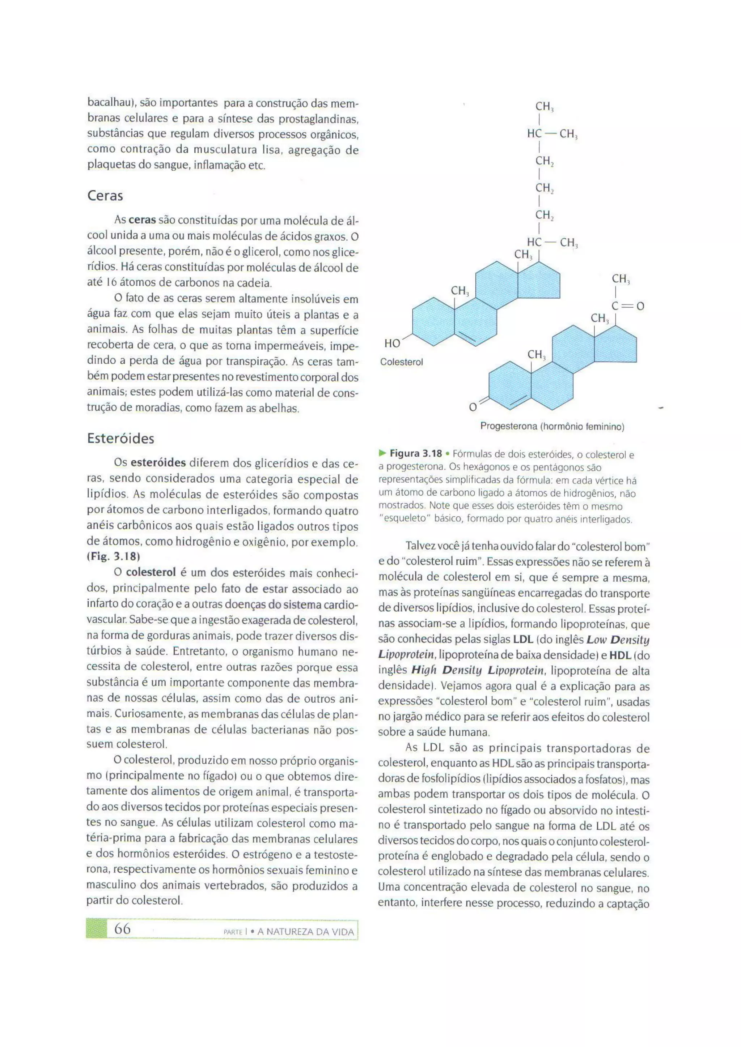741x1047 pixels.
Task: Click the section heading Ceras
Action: click(x=105, y=196)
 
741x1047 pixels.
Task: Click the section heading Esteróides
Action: click(x=120, y=438)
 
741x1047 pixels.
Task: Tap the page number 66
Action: click(x=122, y=929)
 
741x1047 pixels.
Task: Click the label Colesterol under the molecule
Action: click(x=402, y=362)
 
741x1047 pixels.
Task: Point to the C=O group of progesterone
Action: click(x=627, y=306)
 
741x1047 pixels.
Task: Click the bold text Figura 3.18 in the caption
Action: click(x=416, y=453)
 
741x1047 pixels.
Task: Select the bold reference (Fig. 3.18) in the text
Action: click(x=113, y=557)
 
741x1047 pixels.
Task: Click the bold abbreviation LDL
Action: click(x=523, y=639)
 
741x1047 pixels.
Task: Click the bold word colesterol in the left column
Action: click(x=151, y=572)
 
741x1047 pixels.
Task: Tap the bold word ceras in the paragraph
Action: click(x=142, y=220)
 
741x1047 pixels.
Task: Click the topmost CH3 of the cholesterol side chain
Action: click(x=544, y=107)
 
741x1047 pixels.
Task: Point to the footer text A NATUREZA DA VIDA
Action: click(x=305, y=932)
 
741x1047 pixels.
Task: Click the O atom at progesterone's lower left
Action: click(x=473, y=406)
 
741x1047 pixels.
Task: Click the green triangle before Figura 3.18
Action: click(x=382, y=453)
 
